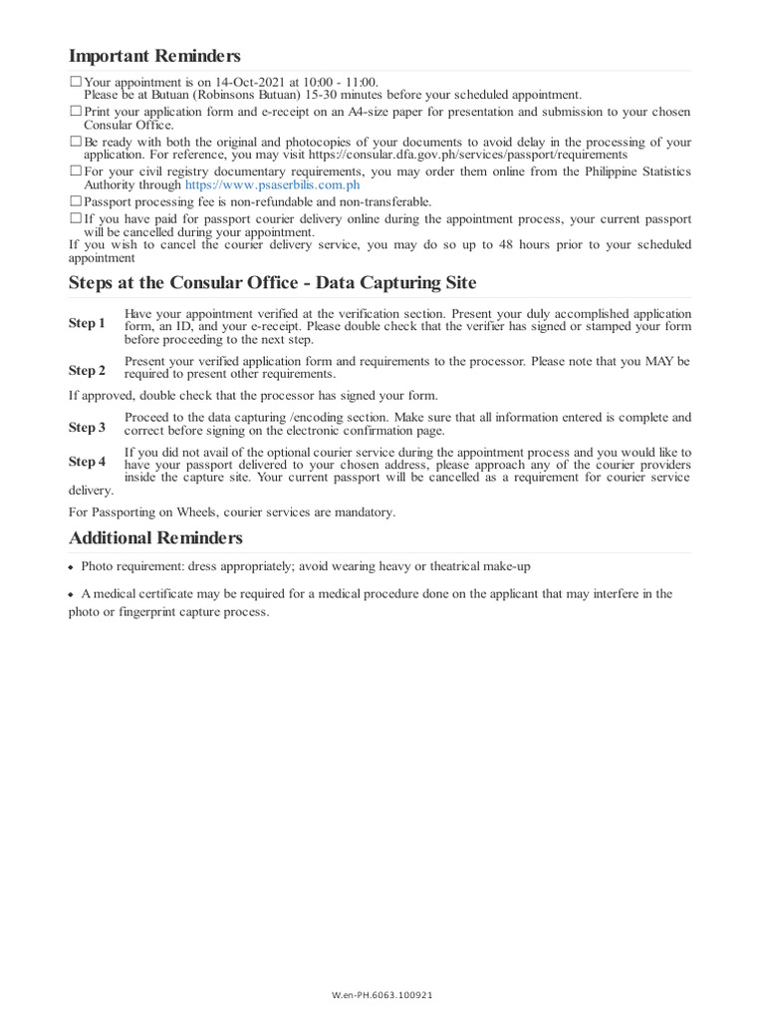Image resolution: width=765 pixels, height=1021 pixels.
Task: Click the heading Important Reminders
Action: pyautogui.click(x=154, y=56)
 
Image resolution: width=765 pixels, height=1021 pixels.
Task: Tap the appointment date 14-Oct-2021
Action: pyautogui.click(x=248, y=82)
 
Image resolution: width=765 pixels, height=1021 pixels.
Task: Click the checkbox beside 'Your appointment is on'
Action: pyautogui.click(x=76, y=81)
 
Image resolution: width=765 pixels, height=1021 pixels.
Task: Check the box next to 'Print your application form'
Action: pyautogui.click(x=76, y=112)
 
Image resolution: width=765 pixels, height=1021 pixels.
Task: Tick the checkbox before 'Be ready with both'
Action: pyautogui.click(x=76, y=142)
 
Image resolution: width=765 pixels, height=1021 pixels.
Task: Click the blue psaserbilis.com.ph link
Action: pyautogui.click(x=272, y=184)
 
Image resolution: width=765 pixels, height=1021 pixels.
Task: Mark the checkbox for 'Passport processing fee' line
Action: pyautogui.click(x=76, y=200)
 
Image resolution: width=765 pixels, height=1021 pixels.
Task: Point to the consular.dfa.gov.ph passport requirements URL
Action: pyautogui.click(x=468, y=155)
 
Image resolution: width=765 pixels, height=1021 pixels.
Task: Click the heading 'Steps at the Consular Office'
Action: pyautogui.click(x=272, y=283)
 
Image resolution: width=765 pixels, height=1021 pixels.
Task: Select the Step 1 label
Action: pyautogui.click(x=87, y=323)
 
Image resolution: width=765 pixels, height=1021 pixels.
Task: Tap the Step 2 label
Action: pyautogui.click(x=87, y=370)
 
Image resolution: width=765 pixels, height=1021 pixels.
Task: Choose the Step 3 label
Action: pyautogui.click(x=87, y=427)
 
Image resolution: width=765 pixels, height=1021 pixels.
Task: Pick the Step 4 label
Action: pyautogui.click(x=87, y=461)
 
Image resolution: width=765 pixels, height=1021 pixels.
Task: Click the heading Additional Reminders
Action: pyautogui.click(x=155, y=538)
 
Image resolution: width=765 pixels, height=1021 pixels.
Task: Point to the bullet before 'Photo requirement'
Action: pyautogui.click(x=71, y=567)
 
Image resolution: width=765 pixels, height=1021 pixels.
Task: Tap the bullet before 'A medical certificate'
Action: pyautogui.click(x=71, y=594)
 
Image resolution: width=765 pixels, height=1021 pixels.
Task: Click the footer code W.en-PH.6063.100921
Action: pyautogui.click(x=382, y=995)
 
